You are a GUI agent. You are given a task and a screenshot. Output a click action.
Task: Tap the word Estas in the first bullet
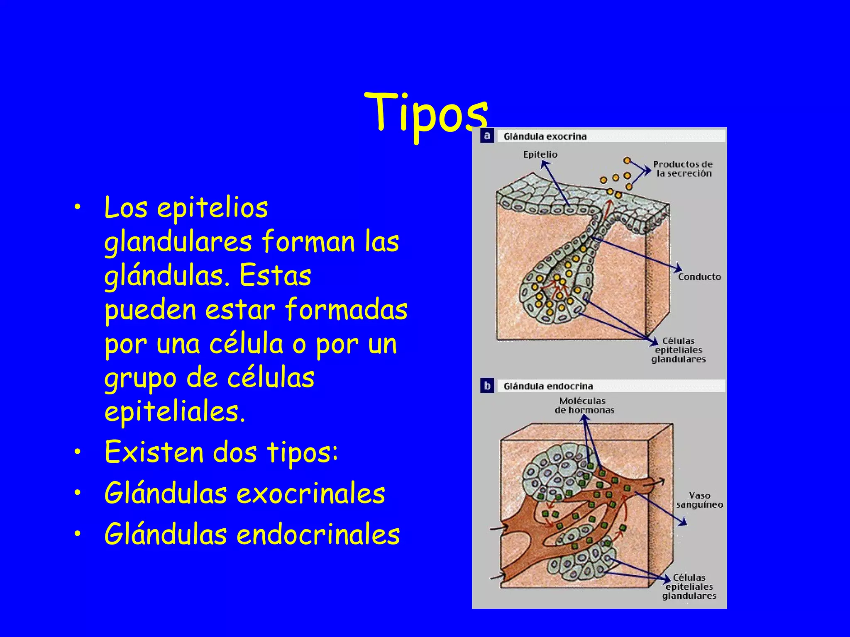pos(275,276)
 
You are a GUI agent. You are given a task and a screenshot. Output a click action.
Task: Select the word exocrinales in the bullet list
pos(311,494)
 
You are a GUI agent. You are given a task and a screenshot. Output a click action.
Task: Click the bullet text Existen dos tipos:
pos(221,452)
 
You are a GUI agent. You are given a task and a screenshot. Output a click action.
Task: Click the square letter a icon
pos(487,136)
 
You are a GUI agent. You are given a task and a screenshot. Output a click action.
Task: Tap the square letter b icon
pos(487,386)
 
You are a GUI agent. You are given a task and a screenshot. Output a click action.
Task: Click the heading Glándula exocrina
pos(545,136)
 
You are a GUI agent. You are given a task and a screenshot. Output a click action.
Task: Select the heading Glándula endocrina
pos(548,387)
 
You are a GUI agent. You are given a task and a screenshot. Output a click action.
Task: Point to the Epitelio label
pos(540,155)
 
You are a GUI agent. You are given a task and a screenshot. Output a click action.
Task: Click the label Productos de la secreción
pos(683,169)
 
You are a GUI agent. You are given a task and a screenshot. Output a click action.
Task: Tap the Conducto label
pos(700,277)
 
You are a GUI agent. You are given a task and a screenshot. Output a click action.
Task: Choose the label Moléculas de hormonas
pos(584,406)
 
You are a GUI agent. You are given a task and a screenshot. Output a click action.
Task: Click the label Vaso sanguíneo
pos(700,500)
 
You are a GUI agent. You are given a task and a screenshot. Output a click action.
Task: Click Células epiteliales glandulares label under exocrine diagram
pos(679,350)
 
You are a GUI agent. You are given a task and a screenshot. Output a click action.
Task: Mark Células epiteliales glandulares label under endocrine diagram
pos(689,587)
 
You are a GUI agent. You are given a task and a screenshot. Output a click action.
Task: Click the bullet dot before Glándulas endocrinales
pos(78,534)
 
